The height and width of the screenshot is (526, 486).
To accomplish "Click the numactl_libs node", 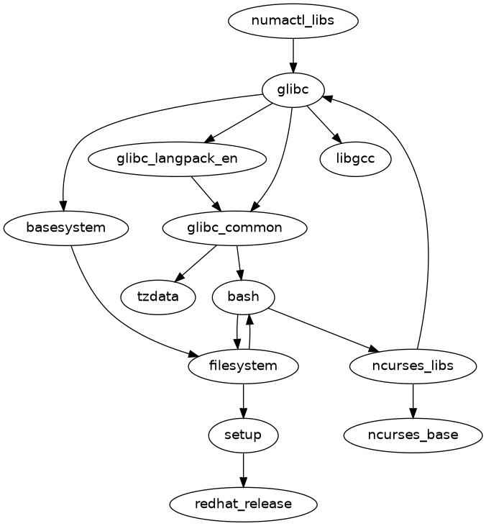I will (x=293, y=20).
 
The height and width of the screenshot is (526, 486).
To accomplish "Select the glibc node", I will (x=293, y=89).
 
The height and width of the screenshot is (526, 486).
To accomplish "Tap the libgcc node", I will (x=355, y=158).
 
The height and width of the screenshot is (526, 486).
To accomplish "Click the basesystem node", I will (x=65, y=227).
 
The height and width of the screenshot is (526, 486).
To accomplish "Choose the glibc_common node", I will (x=235, y=227).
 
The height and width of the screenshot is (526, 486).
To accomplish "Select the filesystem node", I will (x=243, y=366).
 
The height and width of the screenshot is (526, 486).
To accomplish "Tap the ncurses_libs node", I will (x=413, y=366).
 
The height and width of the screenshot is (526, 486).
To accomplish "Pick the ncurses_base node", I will (x=413, y=435).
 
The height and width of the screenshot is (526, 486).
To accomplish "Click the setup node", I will (x=243, y=435).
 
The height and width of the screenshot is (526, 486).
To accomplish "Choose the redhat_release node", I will (x=243, y=504).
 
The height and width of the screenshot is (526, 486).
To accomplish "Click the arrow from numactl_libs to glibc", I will (x=293, y=55).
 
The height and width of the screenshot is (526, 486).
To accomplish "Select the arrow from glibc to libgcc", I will (x=323, y=123).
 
